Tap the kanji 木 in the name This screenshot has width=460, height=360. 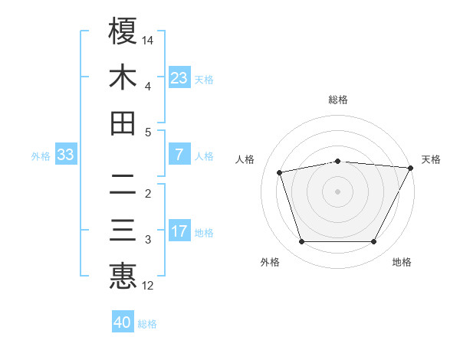point(123,77)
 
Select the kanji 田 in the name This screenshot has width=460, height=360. point(123,123)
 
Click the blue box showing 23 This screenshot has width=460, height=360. point(179,77)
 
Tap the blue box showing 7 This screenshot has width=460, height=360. point(179,155)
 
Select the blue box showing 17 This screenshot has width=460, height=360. point(179,231)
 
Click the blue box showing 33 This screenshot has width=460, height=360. point(65,155)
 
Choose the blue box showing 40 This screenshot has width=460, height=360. point(123,322)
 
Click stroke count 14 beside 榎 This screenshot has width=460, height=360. point(148,39)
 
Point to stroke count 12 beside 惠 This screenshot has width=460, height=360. point(148,286)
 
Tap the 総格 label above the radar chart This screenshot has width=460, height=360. point(337,100)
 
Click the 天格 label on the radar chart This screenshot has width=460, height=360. point(431,159)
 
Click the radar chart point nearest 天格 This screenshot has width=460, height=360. point(411,168)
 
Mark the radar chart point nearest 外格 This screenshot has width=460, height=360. point(301,242)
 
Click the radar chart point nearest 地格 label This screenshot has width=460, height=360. point(374,242)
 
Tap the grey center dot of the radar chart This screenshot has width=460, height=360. point(337,191)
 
